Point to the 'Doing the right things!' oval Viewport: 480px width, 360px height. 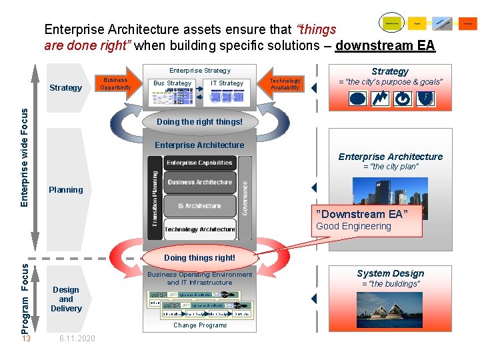[199, 122]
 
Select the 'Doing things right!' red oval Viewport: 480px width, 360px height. [199, 257]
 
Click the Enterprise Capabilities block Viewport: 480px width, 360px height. [199, 163]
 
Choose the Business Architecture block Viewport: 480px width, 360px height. [199, 183]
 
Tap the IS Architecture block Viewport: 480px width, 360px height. [199, 206]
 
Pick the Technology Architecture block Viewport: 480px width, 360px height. [199, 229]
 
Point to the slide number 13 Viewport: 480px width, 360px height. [26, 339]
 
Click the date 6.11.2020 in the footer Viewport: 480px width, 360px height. [77, 339]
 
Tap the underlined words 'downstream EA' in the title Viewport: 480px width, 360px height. [385, 46]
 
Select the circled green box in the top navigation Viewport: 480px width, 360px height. [391, 23]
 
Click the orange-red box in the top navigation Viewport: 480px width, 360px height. [468, 23]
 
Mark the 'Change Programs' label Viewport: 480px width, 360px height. [200, 325]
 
